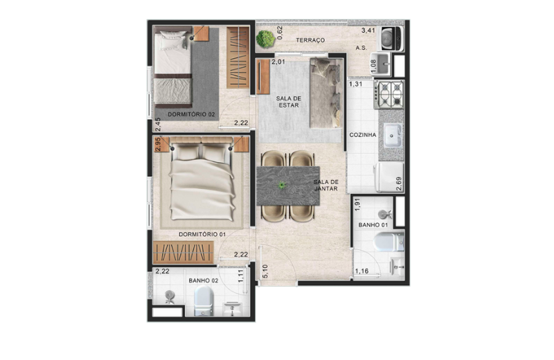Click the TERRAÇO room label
(x=310, y=40)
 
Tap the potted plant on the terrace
(x=265, y=39)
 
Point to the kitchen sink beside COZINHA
(x=393, y=135)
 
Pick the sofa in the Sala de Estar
(x=326, y=93)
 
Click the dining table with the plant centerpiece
(x=288, y=186)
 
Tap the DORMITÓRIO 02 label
(x=191, y=114)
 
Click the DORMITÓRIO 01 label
(x=202, y=234)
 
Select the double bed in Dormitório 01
(x=202, y=179)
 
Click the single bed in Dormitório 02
(x=173, y=68)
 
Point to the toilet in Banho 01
(x=388, y=242)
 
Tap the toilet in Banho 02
(x=204, y=300)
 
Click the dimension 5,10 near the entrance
(x=265, y=271)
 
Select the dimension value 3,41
(x=368, y=30)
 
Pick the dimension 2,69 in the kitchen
(x=400, y=184)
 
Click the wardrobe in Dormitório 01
(x=184, y=252)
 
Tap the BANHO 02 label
(x=203, y=280)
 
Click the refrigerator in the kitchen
(x=389, y=177)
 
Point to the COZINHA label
(x=362, y=135)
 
